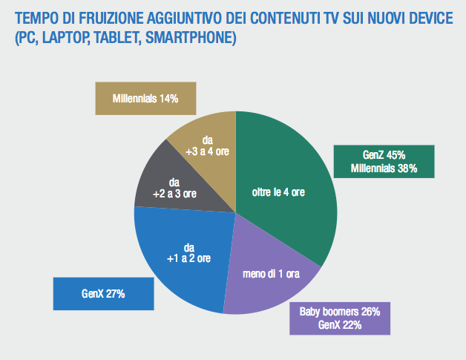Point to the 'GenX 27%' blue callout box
tap(103, 295)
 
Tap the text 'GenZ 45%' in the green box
tap(384, 155)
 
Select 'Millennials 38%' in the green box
tap(384, 168)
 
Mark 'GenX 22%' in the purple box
tap(338, 324)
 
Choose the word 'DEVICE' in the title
tap(429, 18)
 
